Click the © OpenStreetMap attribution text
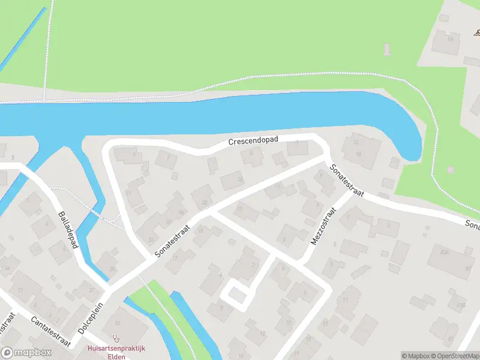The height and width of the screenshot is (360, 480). (457, 356)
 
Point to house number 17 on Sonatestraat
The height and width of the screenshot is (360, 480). (175, 257)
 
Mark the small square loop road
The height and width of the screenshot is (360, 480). (235, 295)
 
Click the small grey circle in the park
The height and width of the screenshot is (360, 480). (451, 169)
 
